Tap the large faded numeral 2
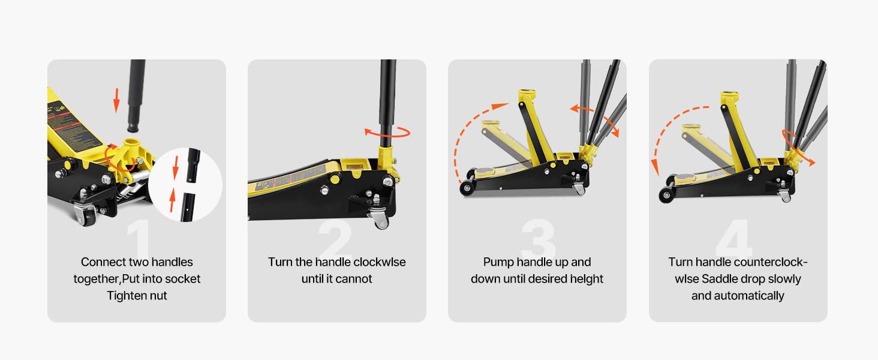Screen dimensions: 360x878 point(335,240)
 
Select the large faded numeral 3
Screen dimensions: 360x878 point(539,240)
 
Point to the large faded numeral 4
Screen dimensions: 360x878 point(734,240)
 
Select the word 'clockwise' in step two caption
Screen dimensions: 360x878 point(379,262)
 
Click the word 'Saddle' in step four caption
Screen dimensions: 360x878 point(721,279)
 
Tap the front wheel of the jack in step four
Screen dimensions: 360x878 point(665,195)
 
